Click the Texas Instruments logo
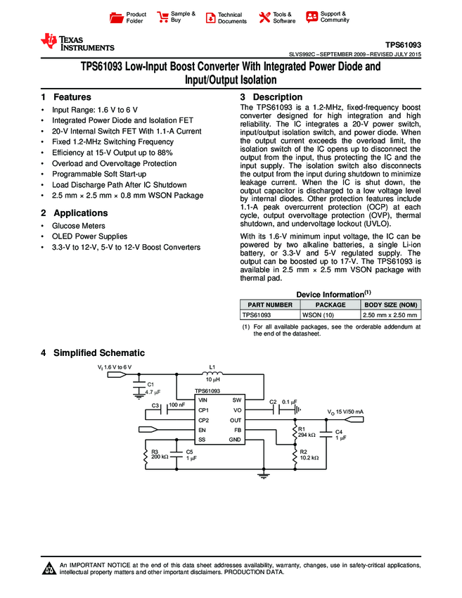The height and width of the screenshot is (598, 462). [77, 43]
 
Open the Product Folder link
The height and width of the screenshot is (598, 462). [136, 18]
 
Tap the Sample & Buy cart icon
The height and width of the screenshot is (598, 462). [163, 17]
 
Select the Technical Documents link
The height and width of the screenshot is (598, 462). [232, 18]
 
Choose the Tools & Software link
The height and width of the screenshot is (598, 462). [283, 18]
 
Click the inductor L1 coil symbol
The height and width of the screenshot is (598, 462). [213, 375]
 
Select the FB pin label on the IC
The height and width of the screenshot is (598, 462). [238, 429]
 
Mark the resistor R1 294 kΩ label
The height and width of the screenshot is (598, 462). [308, 433]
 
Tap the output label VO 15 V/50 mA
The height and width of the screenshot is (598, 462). [345, 412]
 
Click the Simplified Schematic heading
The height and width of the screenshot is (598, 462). [99, 352]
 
